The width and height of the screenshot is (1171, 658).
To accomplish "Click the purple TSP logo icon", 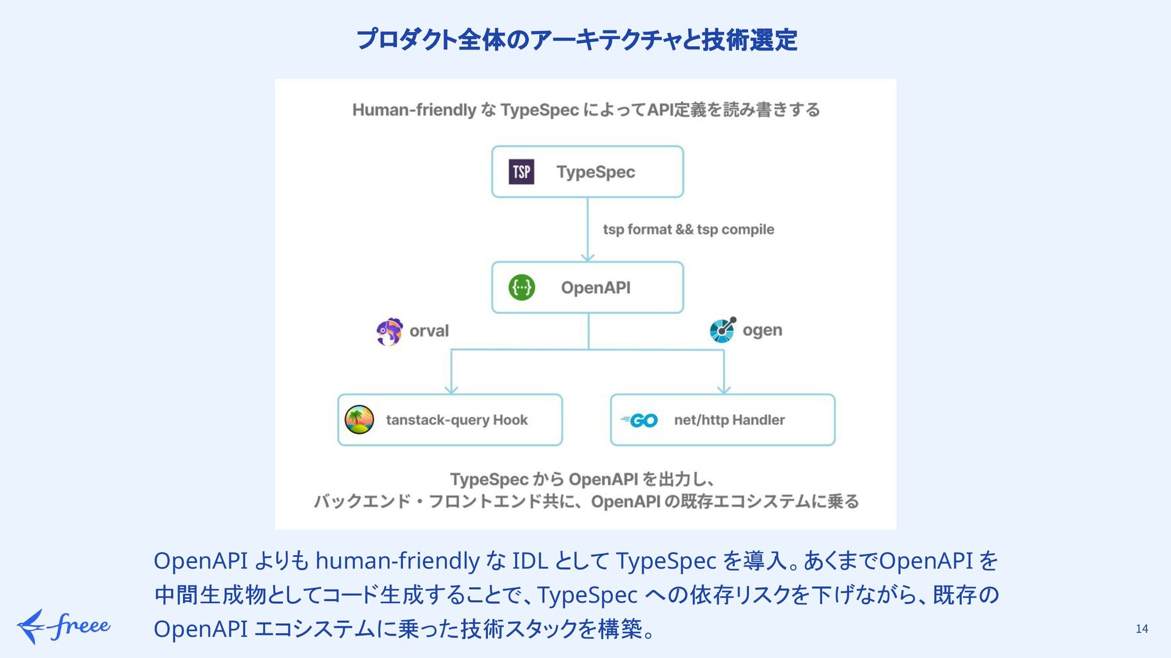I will (521, 172).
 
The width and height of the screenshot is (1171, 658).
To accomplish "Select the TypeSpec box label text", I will (595, 172).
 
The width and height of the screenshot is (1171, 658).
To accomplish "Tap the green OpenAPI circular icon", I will (521, 288).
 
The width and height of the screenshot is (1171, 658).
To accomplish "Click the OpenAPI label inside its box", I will (595, 288).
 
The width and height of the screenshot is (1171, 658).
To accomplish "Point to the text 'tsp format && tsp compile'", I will (688, 230).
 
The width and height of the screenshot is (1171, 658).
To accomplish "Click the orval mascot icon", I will (389, 331).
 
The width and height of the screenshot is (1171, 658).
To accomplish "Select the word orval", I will (429, 331).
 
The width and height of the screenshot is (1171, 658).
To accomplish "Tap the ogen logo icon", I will (723, 330).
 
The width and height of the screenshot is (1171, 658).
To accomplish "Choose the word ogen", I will (762, 330).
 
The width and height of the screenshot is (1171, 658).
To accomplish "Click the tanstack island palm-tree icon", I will (359, 420).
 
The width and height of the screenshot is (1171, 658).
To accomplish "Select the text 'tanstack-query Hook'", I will (456, 420).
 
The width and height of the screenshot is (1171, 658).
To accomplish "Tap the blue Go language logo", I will (639, 420).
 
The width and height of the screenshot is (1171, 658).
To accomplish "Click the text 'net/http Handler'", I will (729, 420).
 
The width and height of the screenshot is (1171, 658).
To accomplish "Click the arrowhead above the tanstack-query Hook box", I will (451, 389).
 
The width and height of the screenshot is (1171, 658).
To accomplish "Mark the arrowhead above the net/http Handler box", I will (724, 389).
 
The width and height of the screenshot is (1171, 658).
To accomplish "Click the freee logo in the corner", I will (63, 626).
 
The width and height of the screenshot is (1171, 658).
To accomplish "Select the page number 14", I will (1142, 629).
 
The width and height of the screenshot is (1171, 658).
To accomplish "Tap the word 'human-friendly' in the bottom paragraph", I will (397, 561).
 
